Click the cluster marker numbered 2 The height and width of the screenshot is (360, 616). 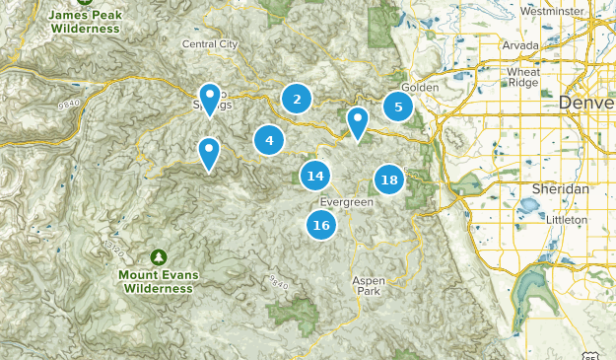(297, 99)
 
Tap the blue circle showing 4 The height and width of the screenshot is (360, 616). (269, 140)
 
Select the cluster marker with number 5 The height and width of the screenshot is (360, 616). (398, 108)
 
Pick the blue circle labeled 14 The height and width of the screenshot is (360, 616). (315, 177)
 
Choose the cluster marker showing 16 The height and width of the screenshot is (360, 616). (320, 226)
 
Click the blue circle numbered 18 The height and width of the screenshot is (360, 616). (389, 180)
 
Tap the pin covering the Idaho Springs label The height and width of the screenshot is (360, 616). (209, 99)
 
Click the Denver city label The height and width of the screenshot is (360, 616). (585, 103)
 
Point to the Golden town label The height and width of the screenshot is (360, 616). (420, 87)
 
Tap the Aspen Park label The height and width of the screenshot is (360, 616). (370, 286)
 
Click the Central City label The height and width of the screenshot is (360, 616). (210, 44)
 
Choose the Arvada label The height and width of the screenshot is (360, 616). (520, 45)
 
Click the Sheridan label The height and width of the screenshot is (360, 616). (560, 188)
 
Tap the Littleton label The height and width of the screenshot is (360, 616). (566, 219)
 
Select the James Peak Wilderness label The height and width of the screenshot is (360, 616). (83, 22)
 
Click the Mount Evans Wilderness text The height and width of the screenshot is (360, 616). (156, 281)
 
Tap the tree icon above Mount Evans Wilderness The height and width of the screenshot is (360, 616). (158, 254)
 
